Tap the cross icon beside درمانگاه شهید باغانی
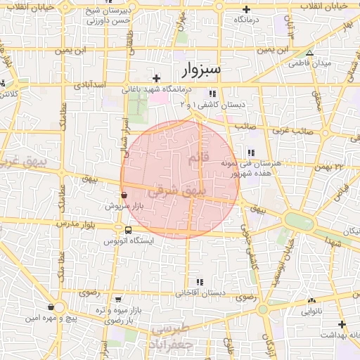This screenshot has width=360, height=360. click(x=157, y=77)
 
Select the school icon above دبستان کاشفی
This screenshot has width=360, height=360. click(x=212, y=93)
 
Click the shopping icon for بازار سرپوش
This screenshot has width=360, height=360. click(x=124, y=195)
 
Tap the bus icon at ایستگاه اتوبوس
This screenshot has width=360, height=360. click(x=127, y=230)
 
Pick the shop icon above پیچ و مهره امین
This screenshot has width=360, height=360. click(x=51, y=307)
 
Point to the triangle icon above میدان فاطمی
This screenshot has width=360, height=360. click(x=309, y=53)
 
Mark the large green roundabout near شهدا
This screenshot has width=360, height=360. click(x=297, y=220)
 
